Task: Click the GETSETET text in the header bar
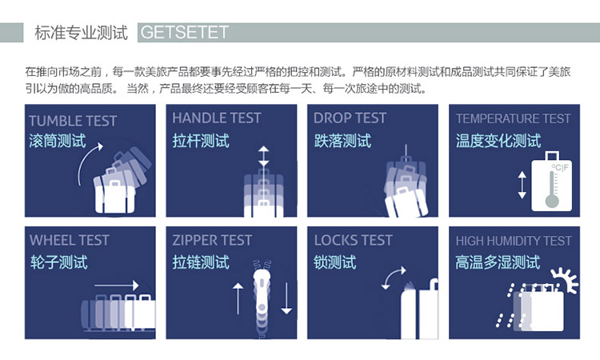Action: (x=185, y=32)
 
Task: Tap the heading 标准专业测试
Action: (x=81, y=33)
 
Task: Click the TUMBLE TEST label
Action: (x=73, y=121)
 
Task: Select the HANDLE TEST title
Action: (x=217, y=118)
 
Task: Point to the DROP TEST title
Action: (x=350, y=118)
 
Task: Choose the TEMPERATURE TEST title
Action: (x=513, y=118)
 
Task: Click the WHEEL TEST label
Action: (x=70, y=240)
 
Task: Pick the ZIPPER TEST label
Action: (x=212, y=240)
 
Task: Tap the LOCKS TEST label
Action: (x=353, y=240)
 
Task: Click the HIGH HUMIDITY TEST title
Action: (x=514, y=241)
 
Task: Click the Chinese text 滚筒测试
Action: (x=58, y=141)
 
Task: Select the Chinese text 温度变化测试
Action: (x=498, y=141)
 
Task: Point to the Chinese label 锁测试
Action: (x=335, y=262)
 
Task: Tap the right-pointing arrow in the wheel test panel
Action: (x=116, y=285)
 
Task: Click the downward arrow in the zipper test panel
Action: (x=286, y=298)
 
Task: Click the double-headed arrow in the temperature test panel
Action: (x=522, y=185)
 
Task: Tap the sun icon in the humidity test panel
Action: (x=565, y=280)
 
